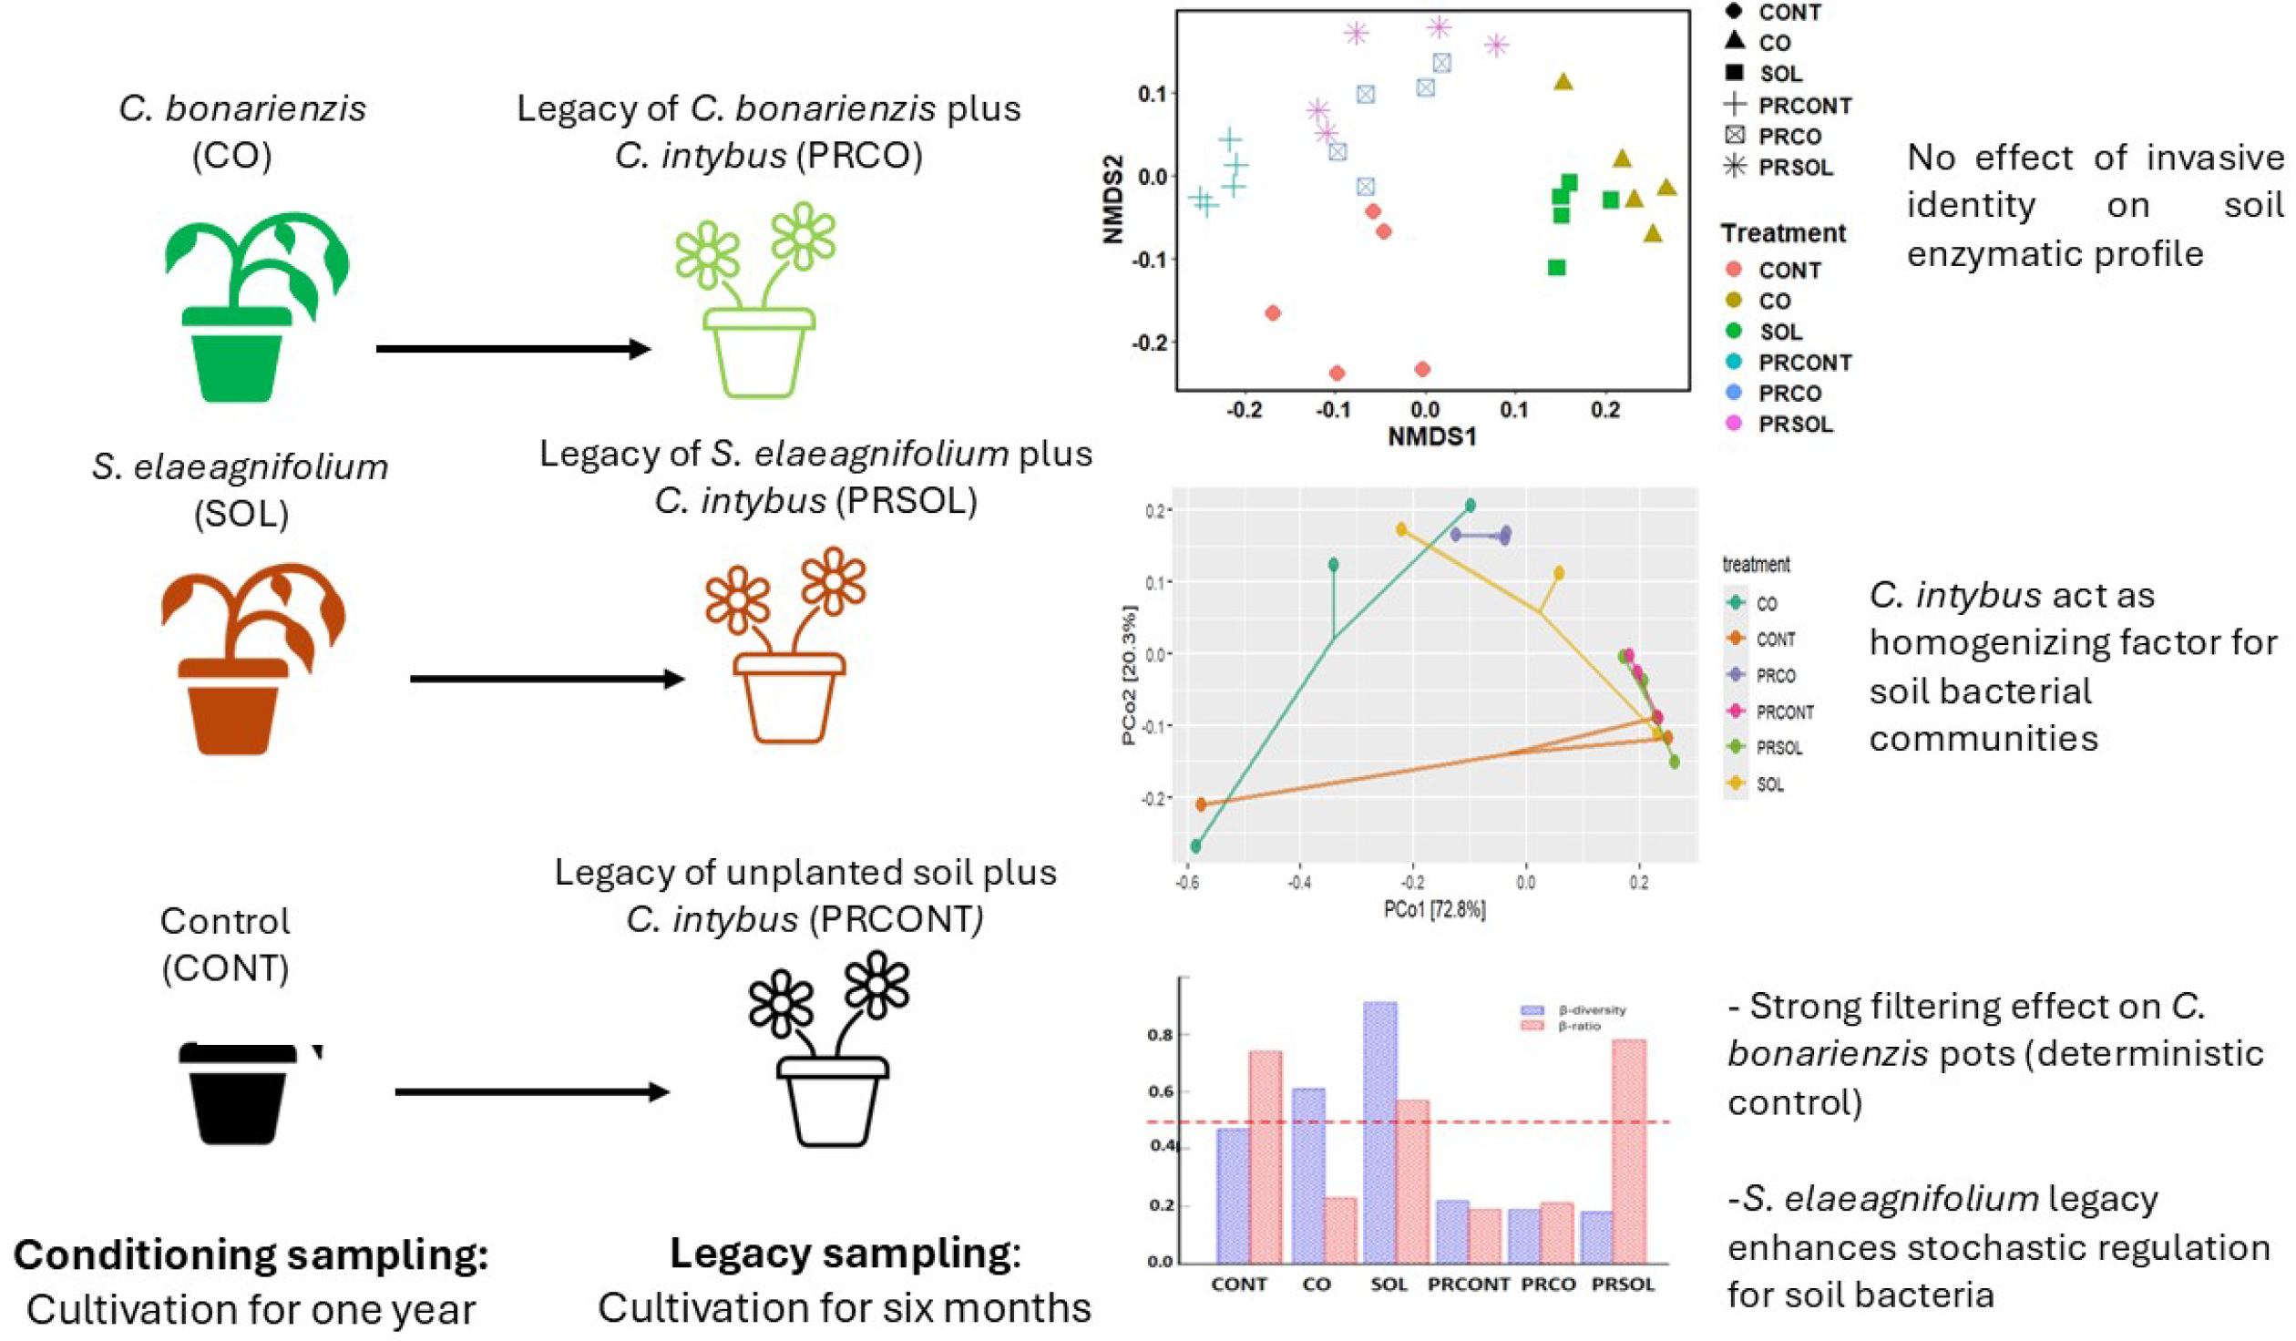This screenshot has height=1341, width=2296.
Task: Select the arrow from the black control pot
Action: pyautogui.click(x=532, y=1091)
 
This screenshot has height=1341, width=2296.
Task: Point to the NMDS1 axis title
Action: pyautogui.click(x=1431, y=437)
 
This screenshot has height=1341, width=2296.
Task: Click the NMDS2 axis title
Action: pyautogui.click(x=1112, y=200)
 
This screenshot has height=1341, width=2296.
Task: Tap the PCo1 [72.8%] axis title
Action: pyautogui.click(x=1434, y=909)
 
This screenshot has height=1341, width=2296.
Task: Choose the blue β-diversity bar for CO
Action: pyautogui.click(x=1308, y=1175)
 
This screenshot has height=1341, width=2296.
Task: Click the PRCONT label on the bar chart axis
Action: pyautogui.click(x=1468, y=1285)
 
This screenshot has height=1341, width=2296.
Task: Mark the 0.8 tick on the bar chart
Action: pyautogui.click(x=1160, y=1035)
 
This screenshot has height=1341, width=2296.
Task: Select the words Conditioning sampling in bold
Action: pyautogui.click(x=251, y=1255)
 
